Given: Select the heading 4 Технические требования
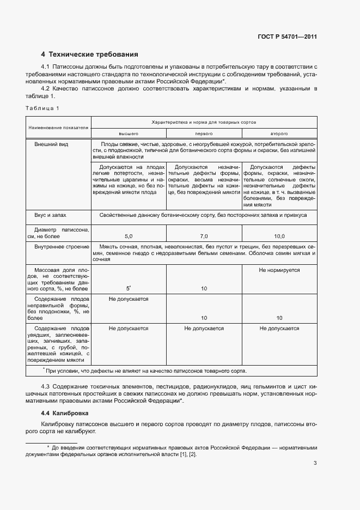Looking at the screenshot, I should (90, 54).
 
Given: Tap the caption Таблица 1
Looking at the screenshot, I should (42, 108).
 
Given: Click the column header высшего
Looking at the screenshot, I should (129, 133).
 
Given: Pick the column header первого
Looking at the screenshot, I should (204, 133).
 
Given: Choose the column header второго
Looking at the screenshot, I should (279, 133).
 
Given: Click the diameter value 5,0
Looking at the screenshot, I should (129, 236).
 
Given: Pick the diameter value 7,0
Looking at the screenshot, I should (204, 236).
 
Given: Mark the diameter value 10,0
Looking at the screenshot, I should (279, 236).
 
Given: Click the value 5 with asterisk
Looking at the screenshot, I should (129, 288).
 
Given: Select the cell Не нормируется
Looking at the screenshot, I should (279, 270).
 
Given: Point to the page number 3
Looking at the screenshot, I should (315, 464).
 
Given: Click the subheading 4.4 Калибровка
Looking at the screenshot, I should (60, 413).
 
